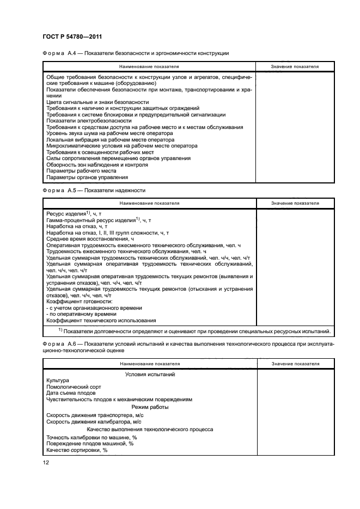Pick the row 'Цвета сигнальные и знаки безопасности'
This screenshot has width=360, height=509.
(97, 102)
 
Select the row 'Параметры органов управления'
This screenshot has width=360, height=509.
(87, 177)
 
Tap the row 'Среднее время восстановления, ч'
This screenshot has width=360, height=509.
(90, 238)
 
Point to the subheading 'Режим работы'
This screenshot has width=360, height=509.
(150, 407)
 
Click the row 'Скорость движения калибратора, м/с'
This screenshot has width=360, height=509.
(94, 422)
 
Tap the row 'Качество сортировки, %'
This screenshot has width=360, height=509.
(77, 450)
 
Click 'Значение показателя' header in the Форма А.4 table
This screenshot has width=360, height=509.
(295, 66)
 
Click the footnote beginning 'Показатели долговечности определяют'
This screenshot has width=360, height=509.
(194, 330)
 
